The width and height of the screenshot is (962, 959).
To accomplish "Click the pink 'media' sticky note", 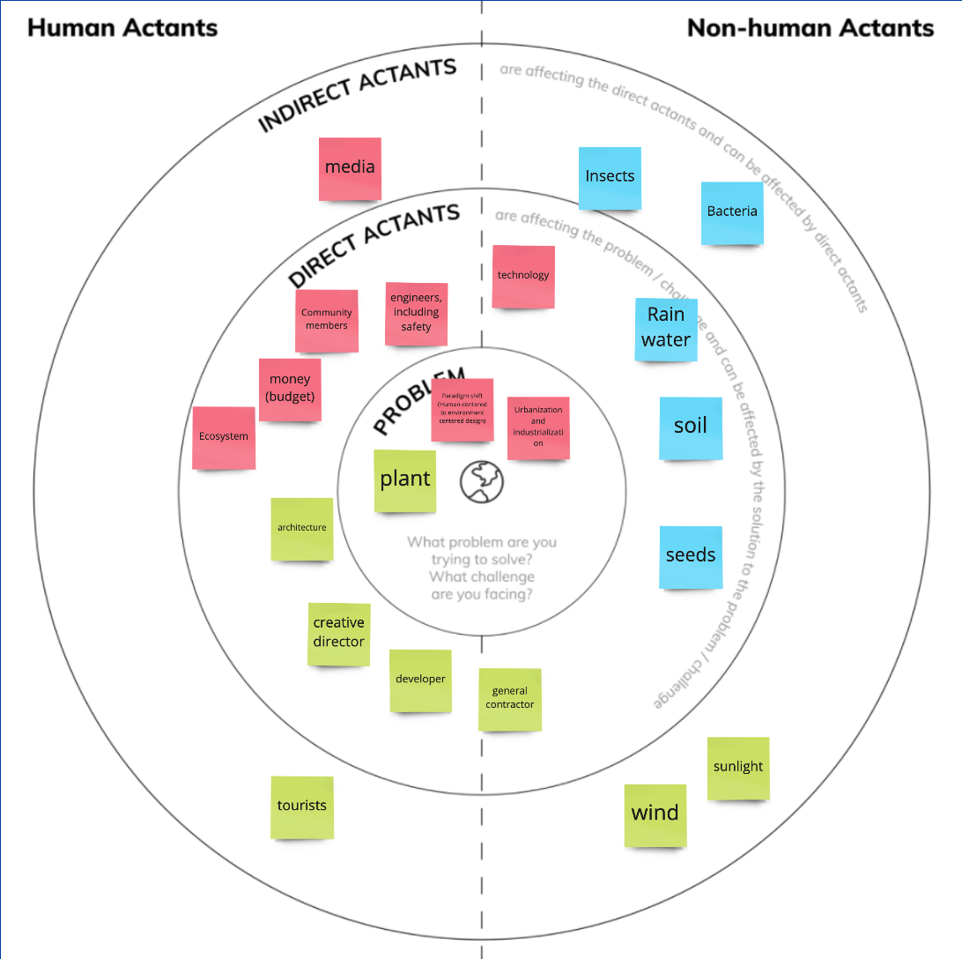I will [350, 167].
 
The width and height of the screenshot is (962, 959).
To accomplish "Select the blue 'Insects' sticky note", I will [610, 177].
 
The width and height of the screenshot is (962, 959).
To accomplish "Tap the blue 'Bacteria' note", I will [732, 212].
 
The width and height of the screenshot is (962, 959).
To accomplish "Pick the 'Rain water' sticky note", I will [666, 329].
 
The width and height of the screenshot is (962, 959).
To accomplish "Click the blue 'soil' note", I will [691, 427].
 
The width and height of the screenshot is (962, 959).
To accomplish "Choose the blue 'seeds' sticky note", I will [691, 556].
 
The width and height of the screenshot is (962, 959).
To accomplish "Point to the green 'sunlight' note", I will [738, 768].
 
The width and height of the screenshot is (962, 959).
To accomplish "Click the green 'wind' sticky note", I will [655, 814].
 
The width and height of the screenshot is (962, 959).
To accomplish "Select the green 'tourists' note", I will [302, 807].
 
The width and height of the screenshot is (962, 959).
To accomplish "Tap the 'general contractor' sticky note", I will [510, 699].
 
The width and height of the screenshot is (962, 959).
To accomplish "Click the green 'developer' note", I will [421, 680].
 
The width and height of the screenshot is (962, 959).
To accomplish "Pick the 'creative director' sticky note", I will [339, 634].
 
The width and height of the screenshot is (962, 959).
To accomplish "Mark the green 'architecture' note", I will [302, 529].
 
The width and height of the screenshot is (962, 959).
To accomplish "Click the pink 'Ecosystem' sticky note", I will [224, 437].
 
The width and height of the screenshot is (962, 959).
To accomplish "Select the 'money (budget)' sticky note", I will [290, 389].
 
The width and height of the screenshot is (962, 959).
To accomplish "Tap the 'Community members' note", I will [327, 320].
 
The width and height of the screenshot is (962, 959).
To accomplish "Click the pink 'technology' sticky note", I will [523, 277].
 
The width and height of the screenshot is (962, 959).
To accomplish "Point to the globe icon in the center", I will [482, 480].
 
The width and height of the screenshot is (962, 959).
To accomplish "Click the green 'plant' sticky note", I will [405, 480].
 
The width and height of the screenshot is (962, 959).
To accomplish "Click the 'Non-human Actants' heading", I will [810, 27].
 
